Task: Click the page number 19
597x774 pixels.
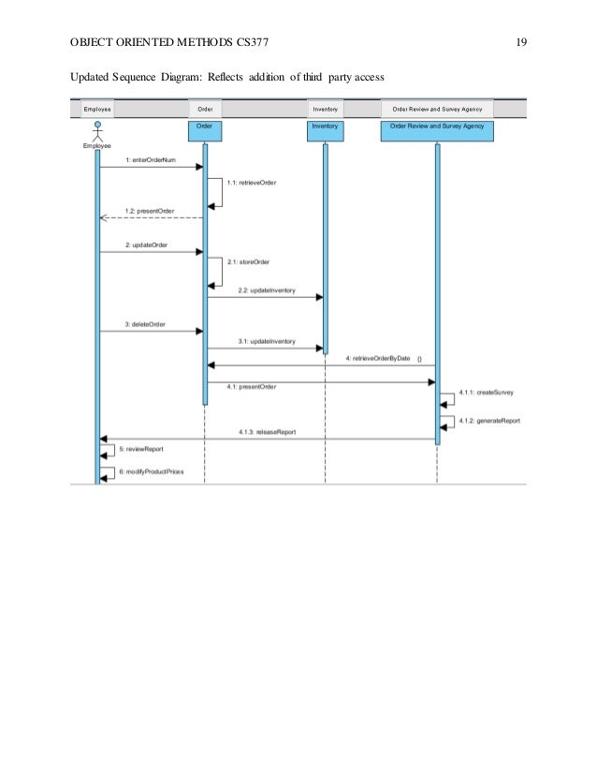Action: (x=521, y=42)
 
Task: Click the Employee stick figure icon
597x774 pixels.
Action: (x=97, y=131)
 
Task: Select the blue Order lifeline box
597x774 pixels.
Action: (x=204, y=126)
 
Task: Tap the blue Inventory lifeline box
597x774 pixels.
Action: (x=325, y=126)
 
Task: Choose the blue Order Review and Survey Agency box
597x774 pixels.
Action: (x=436, y=126)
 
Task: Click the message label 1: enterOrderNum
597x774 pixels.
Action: (x=151, y=160)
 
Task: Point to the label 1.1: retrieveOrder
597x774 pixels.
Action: (x=252, y=183)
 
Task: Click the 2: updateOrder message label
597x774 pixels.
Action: (x=146, y=244)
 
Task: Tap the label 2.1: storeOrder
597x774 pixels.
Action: (x=248, y=262)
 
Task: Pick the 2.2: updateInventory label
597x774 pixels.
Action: (x=267, y=290)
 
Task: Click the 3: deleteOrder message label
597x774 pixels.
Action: (x=145, y=324)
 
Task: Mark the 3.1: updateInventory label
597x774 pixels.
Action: (x=267, y=342)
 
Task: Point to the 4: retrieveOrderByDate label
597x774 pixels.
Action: (x=378, y=359)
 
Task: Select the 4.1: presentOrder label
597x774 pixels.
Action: (x=252, y=385)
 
